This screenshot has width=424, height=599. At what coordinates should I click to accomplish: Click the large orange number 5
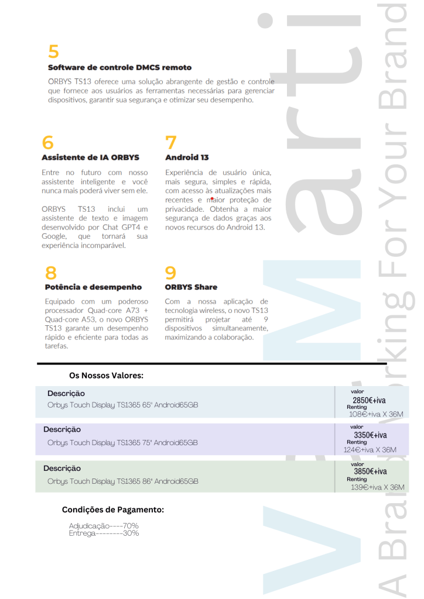tap(53, 51)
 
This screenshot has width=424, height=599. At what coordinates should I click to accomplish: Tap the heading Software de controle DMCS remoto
tap(119, 68)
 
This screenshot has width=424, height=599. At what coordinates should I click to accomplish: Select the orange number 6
tap(47, 143)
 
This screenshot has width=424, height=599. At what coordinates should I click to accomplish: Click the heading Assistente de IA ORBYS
tap(90, 157)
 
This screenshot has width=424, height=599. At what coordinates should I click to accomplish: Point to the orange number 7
tap(170, 143)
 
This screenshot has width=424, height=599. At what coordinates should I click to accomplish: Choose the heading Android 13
tap(187, 157)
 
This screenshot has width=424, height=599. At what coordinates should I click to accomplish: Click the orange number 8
tap(52, 273)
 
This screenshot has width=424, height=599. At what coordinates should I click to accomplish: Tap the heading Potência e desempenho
tap(93, 287)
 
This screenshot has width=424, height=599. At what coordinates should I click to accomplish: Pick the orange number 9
tap(170, 273)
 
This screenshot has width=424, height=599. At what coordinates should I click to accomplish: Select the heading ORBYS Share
tap(191, 287)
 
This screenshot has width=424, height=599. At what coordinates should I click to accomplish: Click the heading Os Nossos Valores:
tap(107, 376)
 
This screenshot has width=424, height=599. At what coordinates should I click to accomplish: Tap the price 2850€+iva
tap(369, 401)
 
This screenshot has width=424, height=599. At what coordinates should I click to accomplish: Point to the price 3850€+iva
tap(370, 471)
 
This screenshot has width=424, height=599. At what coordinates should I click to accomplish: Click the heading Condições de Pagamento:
tap(113, 510)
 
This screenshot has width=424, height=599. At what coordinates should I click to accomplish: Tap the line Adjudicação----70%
tap(104, 526)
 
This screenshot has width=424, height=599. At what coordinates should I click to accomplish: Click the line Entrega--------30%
tap(104, 533)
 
